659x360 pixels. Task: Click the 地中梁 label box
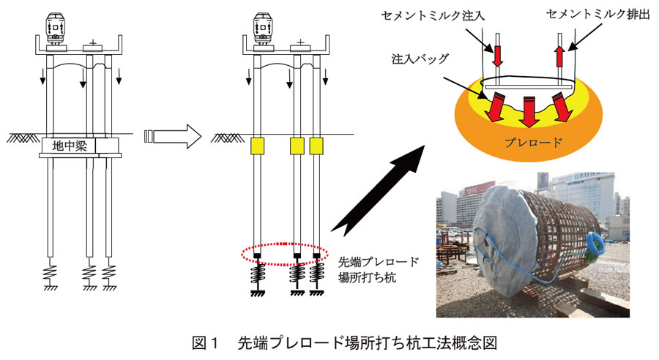[x=70, y=146]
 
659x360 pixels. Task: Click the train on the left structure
[x=56, y=29]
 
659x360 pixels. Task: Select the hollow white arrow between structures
[x=173, y=136]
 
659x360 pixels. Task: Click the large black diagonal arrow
[x=379, y=190]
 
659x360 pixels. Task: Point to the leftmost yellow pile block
[x=257, y=146]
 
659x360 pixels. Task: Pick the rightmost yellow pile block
[x=316, y=146]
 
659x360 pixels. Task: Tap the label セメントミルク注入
[x=433, y=16]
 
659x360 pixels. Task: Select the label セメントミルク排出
[x=598, y=15]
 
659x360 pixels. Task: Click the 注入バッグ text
[x=420, y=59]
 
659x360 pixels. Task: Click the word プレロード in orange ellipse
[x=533, y=142]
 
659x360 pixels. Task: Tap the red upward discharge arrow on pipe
[x=559, y=56]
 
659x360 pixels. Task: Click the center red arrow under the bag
[x=529, y=111]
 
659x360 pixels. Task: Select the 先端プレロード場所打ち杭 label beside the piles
[x=379, y=269]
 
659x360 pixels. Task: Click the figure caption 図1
[x=206, y=343]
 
